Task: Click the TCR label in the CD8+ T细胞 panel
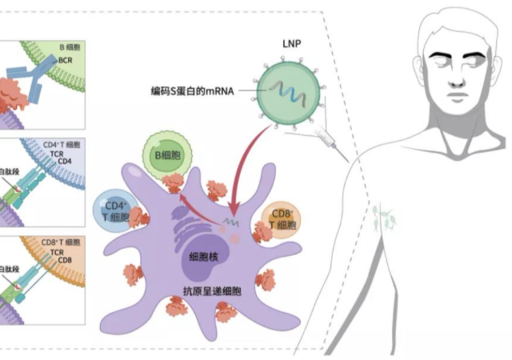(57, 251)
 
